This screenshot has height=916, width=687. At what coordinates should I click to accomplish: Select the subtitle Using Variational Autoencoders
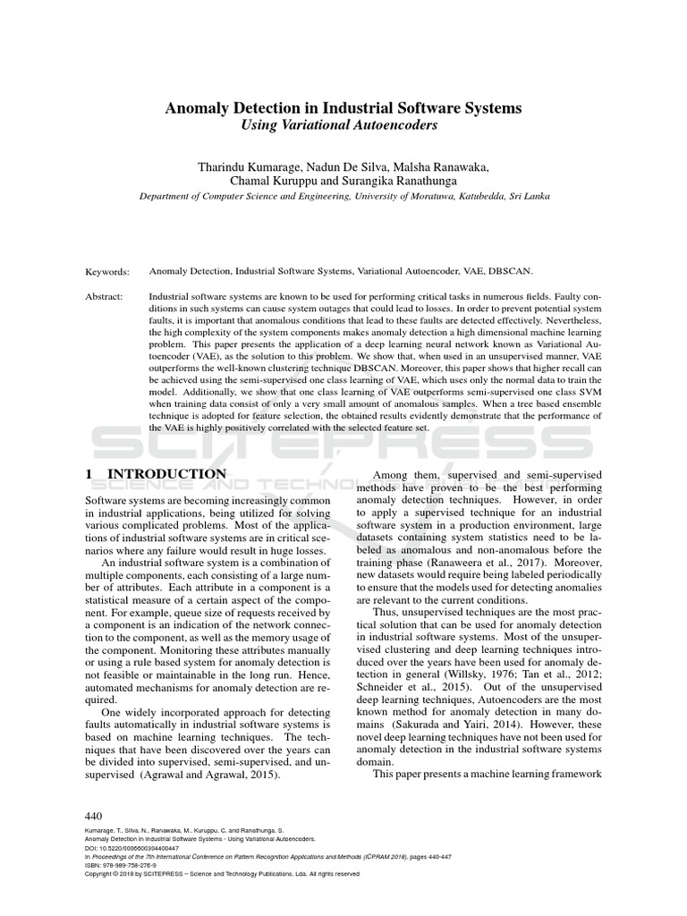[343, 126]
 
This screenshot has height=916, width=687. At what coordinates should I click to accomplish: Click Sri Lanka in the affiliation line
[528, 196]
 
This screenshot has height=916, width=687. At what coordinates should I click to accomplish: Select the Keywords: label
[107, 271]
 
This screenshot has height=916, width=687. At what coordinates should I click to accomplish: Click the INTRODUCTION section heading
[167, 473]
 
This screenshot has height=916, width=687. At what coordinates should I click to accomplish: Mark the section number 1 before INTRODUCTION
[88, 473]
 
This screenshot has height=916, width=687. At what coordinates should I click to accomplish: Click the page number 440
[94, 817]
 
